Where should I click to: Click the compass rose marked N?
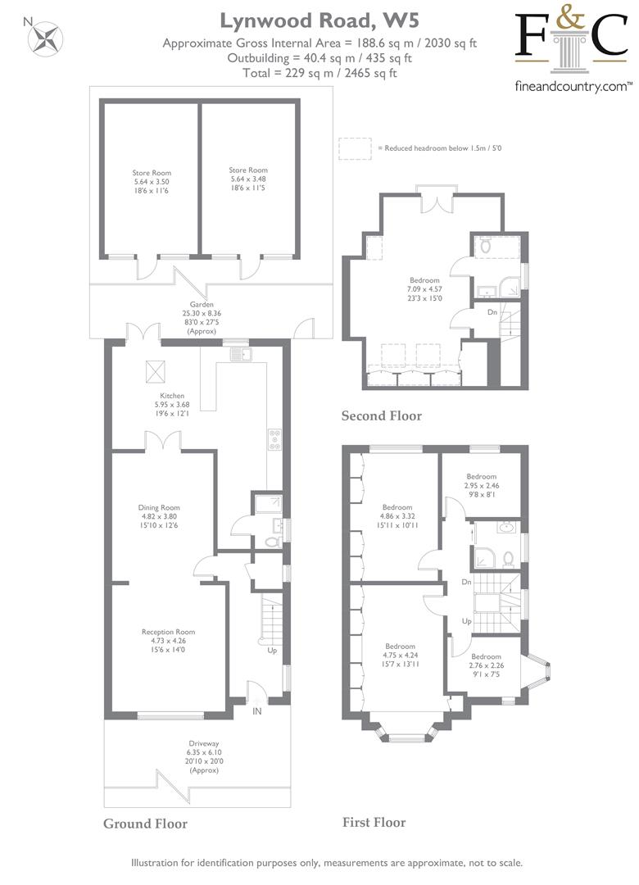tap(48, 39)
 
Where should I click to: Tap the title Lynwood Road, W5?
tap(319, 20)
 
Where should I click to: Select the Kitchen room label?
tap(171, 405)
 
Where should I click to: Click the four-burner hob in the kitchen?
tap(275, 440)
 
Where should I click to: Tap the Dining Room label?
tap(159, 516)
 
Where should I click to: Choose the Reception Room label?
tap(168, 641)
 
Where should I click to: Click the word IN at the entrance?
tap(257, 711)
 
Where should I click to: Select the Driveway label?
tap(204, 757)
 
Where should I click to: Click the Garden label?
tap(202, 318)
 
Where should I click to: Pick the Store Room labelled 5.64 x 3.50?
tap(152, 182)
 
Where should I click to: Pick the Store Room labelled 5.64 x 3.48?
tap(247, 179)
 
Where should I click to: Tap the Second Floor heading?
tap(382, 416)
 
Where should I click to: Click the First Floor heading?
tap(374, 823)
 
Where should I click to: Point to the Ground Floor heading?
tap(145, 824)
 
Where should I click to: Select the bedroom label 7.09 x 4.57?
tap(424, 289)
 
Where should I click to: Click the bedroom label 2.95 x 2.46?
tap(482, 485)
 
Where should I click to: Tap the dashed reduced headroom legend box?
tap(355, 148)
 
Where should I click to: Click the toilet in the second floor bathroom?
tap(486, 247)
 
